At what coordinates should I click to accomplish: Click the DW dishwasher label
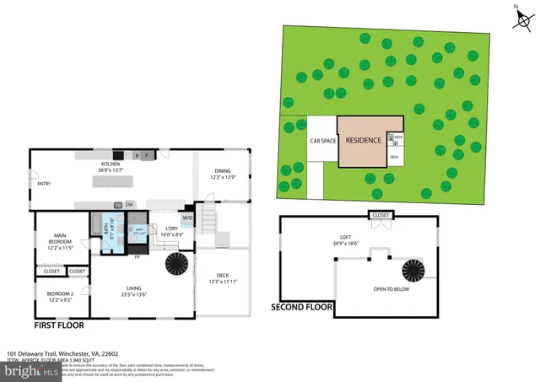tap(129, 205)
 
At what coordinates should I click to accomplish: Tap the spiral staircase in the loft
tap(413, 272)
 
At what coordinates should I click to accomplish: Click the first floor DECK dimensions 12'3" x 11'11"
tap(223, 281)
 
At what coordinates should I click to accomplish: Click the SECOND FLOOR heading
tap(302, 307)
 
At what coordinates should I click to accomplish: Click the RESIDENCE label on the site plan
tap(362, 141)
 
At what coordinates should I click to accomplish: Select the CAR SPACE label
tap(322, 141)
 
